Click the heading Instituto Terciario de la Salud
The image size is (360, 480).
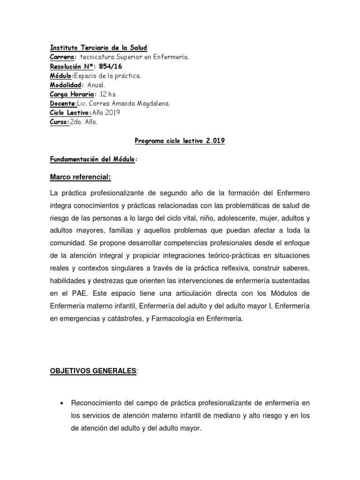pyautogui.click(x=98, y=48)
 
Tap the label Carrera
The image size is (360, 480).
pyautogui.click(x=62, y=57)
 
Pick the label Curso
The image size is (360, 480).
pyautogui.click(x=59, y=122)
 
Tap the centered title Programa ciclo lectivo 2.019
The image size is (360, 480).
pyautogui.click(x=180, y=141)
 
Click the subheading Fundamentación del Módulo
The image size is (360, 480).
pyautogui.click(x=93, y=160)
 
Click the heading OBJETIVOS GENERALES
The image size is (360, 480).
pyautogui.click(x=93, y=371)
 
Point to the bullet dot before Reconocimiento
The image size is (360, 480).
pyautogui.click(x=62, y=403)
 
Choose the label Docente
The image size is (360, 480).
pyautogui.click(x=62, y=104)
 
